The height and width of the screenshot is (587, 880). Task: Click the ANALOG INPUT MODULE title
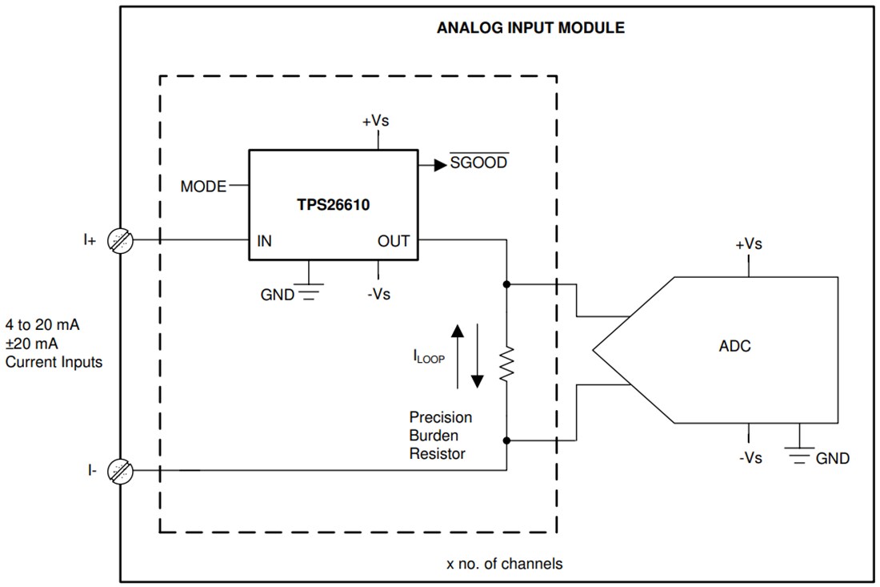[x=530, y=28]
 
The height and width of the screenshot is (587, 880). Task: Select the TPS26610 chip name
[x=333, y=204]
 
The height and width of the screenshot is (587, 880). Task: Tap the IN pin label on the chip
[x=264, y=241]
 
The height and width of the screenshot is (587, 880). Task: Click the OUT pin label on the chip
[x=394, y=241]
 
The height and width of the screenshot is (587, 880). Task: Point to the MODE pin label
[x=203, y=187]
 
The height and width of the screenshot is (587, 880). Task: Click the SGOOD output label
[x=478, y=163]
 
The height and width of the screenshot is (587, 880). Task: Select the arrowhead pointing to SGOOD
[x=439, y=165]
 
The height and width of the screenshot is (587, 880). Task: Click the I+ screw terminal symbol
[x=121, y=239]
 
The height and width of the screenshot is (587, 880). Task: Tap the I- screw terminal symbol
[x=121, y=471]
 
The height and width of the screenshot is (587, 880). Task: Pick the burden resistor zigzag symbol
[x=506, y=363]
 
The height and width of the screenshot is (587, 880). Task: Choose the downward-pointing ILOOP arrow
[x=477, y=356]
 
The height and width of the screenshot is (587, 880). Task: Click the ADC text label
[x=734, y=347]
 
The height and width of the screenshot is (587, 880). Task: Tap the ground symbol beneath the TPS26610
[x=308, y=291]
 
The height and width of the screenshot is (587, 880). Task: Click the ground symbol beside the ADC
[x=798, y=453]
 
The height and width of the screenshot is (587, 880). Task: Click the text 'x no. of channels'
[x=504, y=564]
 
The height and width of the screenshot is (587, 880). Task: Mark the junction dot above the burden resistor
[x=506, y=284]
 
